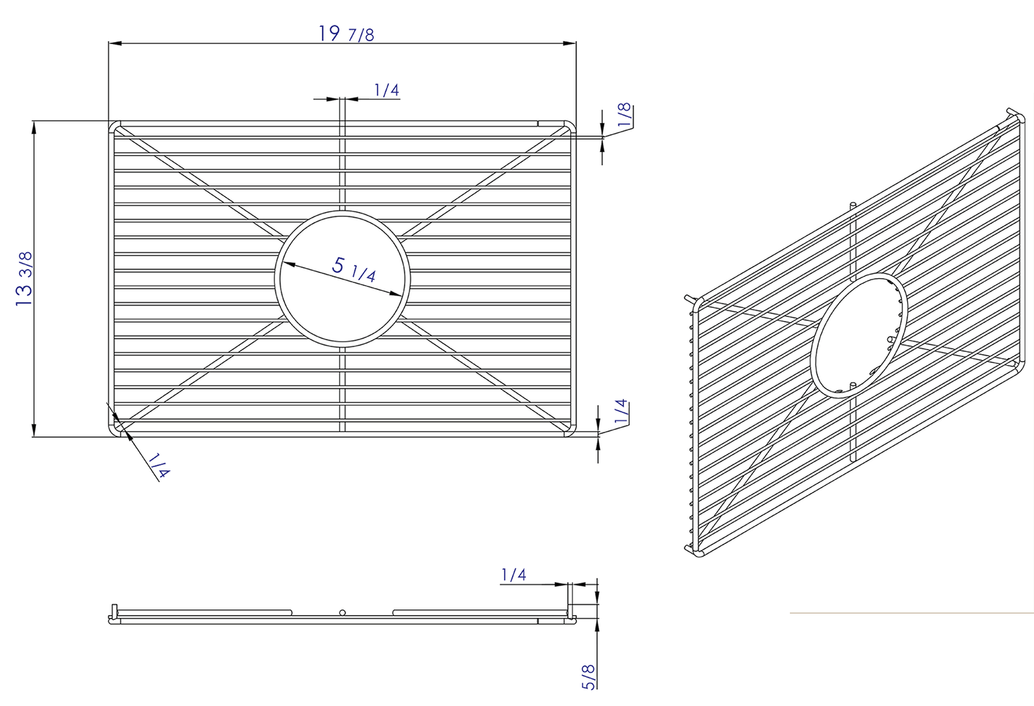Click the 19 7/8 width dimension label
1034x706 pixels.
tap(347, 33)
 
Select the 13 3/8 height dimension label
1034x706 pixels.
tap(24, 278)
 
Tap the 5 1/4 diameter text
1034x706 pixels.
tap(354, 269)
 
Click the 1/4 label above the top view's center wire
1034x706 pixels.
tap(387, 90)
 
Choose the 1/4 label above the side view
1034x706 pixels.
tap(514, 574)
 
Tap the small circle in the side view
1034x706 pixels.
tap(343, 612)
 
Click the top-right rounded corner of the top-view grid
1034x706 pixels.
tap(569, 127)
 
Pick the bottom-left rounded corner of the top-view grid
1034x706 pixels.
tap(115, 430)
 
